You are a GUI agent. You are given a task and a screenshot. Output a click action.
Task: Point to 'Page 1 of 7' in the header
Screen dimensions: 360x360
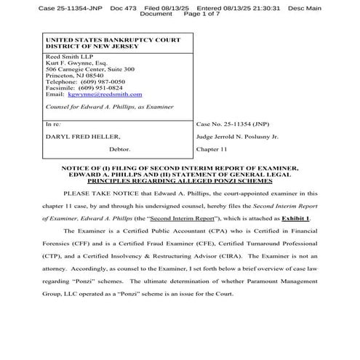coord(195,14)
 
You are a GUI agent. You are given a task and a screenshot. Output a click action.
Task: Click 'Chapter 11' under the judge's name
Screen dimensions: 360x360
coord(211,152)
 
